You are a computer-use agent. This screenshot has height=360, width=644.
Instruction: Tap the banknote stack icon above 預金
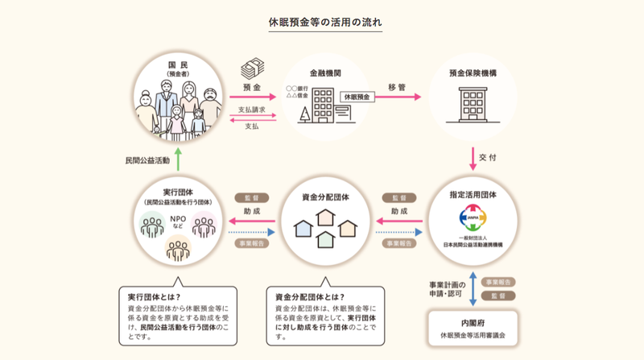251,66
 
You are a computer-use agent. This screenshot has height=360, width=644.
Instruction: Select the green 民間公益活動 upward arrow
179,160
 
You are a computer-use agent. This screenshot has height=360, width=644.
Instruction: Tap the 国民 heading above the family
177,64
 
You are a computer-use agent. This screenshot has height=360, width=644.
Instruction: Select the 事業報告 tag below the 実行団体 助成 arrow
246,242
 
